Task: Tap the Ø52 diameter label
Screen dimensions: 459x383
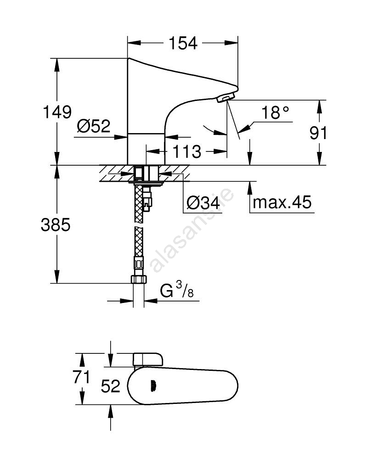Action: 94,126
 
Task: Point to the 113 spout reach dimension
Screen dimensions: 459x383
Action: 187,151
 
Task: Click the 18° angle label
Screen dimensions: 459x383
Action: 276,112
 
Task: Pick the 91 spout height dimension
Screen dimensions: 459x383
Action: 318,133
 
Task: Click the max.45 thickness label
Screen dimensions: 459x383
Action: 282,202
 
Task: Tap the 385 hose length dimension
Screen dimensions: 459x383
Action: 56,225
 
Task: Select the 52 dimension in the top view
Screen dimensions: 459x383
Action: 110,386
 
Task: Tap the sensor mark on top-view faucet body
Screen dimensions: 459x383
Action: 152,386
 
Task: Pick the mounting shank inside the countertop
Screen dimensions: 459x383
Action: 145,174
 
